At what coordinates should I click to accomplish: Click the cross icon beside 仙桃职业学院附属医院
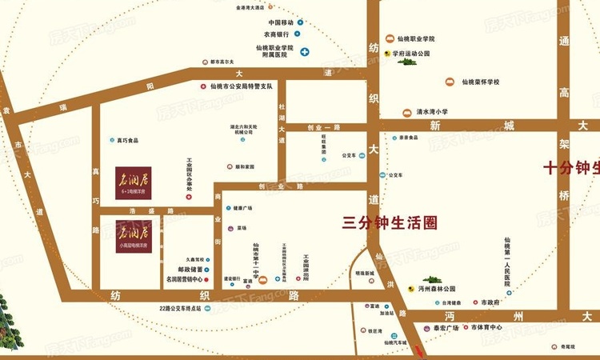305,52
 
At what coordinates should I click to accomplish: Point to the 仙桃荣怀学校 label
481,82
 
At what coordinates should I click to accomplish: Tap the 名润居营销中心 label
182,280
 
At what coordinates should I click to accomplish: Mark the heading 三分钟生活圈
390,223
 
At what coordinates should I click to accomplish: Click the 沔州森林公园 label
436,288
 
